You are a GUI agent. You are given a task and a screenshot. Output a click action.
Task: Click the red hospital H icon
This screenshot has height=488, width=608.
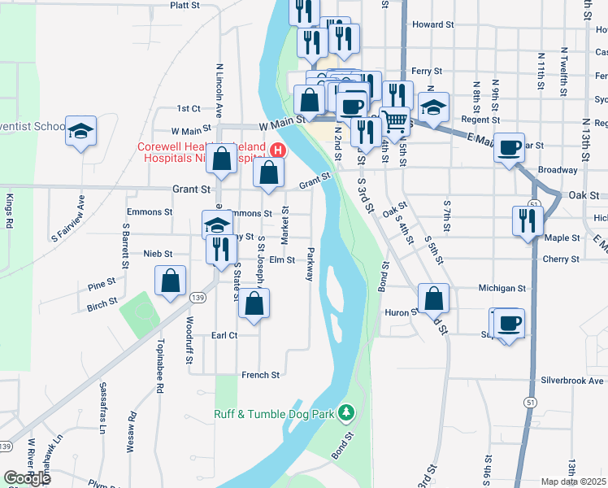coord(278,150)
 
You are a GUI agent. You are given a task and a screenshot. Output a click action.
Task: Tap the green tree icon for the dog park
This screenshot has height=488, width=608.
coord(347,413)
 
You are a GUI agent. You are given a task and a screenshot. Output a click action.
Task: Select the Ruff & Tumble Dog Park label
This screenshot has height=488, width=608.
coord(274,414)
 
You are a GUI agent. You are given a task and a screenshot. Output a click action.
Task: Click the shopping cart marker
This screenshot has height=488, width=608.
coord(395,121)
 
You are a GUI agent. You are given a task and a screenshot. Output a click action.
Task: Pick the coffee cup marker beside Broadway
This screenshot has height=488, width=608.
coord(510,148)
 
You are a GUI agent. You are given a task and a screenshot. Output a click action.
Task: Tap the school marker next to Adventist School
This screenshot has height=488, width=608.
coord(80,132)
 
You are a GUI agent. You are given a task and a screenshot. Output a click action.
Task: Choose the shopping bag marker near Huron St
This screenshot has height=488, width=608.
coord(435,298)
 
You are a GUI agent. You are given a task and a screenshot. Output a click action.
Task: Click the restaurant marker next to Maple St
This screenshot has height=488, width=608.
coord(528,220)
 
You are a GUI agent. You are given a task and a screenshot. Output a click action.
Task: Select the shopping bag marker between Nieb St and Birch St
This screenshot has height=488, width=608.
coord(171,282)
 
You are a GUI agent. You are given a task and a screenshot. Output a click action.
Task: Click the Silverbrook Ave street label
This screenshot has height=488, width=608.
coord(572,381)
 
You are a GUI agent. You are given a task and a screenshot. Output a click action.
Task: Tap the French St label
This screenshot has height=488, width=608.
coord(260,375)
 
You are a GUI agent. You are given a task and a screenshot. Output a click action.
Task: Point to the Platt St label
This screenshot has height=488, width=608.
coord(185,5)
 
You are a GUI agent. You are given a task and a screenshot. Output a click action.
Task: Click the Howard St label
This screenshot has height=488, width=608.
coord(432,25)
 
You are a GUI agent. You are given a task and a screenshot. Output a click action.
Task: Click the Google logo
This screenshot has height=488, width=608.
coord(27,478)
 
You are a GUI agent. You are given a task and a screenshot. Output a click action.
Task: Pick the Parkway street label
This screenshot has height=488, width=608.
coord(309,264)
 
